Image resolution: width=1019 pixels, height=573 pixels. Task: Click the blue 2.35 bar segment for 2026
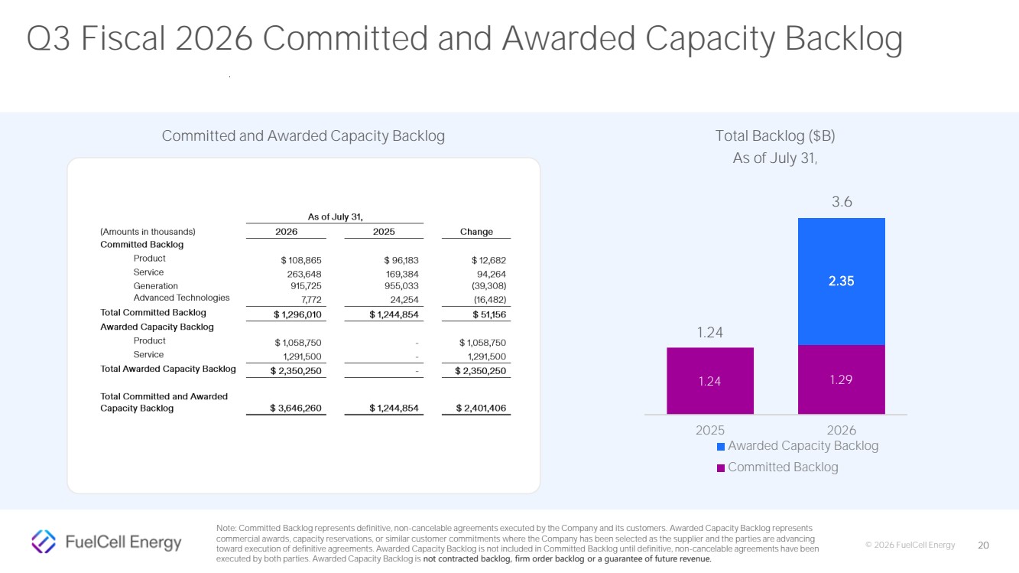pyautogui.click(x=841, y=282)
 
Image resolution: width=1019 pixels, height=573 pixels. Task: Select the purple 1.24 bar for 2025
pyautogui.click(x=710, y=380)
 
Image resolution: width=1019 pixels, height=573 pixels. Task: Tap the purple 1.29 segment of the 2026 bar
pyautogui.click(x=841, y=379)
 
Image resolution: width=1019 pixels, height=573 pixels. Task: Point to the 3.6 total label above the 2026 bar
pyautogui.click(x=842, y=202)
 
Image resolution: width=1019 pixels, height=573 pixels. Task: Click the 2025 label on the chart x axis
pyautogui.click(x=710, y=430)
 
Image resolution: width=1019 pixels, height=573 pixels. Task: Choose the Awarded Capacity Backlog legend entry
pyautogui.click(x=797, y=446)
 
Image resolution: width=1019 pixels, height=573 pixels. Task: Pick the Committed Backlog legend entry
pyautogui.click(x=777, y=467)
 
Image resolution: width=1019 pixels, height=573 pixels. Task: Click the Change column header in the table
pyautogui.click(x=476, y=232)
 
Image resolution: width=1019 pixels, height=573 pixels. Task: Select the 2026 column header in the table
pyautogui.click(x=286, y=232)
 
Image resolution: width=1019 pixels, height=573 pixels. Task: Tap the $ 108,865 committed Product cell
pyautogui.click(x=300, y=260)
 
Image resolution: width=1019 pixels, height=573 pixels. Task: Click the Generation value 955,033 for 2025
pyautogui.click(x=401, y=286)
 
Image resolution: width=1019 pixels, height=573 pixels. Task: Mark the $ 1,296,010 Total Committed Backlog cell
pyautogui.click(x=297, y=314)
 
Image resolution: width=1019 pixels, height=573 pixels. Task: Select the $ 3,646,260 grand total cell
pyautogui.click(x=296, y=409)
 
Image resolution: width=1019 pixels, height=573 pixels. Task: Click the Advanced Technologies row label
pyautogui.click(x=181, y=298)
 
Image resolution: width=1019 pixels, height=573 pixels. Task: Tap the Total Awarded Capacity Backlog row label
pyautogui.click(x=168, y=369)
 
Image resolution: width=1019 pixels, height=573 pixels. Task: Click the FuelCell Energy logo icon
pyautogui.click(x=44, y=542)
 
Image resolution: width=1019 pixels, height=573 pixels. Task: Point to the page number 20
pyautogui.click(x=983, y=545)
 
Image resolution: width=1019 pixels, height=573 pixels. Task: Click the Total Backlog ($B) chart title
pyautogui.click(x=775, y=136)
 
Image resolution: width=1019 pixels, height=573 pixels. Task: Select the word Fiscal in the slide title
pyautogui.click(x=123, y=38)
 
